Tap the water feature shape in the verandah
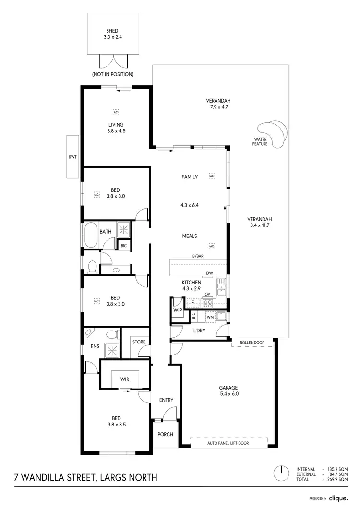click(273, 132)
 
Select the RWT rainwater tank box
click(72, 157)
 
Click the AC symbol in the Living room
click(115, 112)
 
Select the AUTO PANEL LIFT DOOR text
click(229, 444)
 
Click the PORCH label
click(165, 434)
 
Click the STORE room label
click(139, 342)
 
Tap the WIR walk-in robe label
click(124, 379)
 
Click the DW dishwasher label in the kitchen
click(209, 273)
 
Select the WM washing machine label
click(210, 317)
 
